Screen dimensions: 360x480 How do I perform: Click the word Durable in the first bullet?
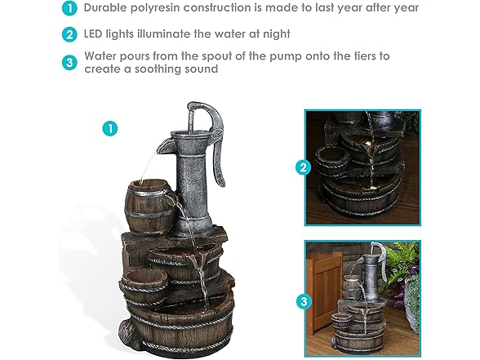(109, 8)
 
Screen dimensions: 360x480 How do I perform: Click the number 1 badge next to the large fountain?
(109, 128)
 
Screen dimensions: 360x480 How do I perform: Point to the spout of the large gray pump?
(162, 147)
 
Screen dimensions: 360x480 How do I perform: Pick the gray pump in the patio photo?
(375, 269)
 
